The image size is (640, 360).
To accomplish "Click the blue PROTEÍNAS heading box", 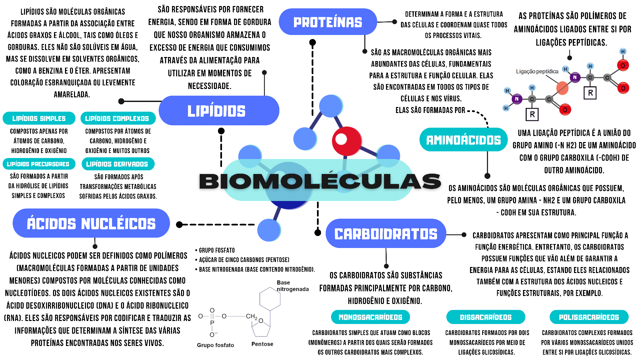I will coord(328,22).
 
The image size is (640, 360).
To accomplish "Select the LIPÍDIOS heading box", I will coord(219,111).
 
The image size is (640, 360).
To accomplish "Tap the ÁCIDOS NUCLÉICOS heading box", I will coord(91,223).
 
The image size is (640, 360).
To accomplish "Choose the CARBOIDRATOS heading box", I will coord(386,234).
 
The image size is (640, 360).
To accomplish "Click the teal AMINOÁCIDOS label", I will coord(463,140).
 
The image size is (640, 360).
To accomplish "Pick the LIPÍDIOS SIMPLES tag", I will coord(39,118).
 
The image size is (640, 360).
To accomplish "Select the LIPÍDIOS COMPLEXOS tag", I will coord(117,118).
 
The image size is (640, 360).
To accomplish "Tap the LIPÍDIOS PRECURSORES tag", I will coord(38,164).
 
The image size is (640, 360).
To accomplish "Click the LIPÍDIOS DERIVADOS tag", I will coord(117,164).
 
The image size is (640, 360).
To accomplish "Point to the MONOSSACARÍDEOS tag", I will coord(370,317).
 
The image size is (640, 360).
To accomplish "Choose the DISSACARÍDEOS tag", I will coord(486,317).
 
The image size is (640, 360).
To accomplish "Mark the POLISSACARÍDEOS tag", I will coord(589,317).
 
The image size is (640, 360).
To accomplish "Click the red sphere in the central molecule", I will coord(347,141).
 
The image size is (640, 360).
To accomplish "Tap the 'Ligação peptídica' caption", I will coord(537,71).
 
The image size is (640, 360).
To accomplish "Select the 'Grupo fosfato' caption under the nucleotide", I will coord(215,345).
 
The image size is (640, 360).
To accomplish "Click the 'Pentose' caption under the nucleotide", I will coord(262,344).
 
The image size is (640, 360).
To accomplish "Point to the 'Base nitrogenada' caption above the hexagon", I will coord(292,286).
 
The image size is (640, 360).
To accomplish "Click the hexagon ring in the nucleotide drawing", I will coord(270,299).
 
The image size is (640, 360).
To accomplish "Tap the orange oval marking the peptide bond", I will coord(562,88).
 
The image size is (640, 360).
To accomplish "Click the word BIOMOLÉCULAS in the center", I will coord(320,181).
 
